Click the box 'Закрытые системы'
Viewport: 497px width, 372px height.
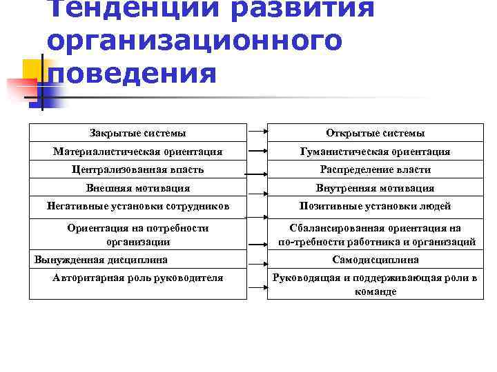pyautogui.click(x=137, y=133)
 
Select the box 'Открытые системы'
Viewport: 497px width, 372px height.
pyautogui.click(x=375, y=133)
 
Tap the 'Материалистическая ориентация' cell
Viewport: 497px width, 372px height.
pyautogui.click(x=137, y=152)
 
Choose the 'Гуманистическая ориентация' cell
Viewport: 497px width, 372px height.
pyautogui.click(x=375, y=152)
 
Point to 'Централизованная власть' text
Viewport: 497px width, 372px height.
pyautogui.click(x=137, y=169)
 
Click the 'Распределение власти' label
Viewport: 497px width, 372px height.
pyautogui.click(x=375, y=169)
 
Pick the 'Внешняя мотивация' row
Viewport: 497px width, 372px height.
pyautogui.click(x=137, y=188)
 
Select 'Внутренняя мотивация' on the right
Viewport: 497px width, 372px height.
pyautogui.click(x=375, y=188)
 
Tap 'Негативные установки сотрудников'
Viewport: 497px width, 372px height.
pyautogui.click(x=137, y=206)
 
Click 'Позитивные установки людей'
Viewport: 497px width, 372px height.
pyautogui.click(x=375, y=206)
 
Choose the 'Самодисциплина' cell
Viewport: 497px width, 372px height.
pyautogui.click(x=375, y=260)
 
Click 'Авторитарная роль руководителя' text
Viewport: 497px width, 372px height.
pyautogui.click(x=137, y=278)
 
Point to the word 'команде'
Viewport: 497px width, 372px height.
pyautogui.click(x=375, y=291)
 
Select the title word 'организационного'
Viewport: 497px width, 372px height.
pyautogui.click(x=194, y=40)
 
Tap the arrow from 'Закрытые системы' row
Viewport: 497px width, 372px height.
pyautogui.click(x=257, y=131)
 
